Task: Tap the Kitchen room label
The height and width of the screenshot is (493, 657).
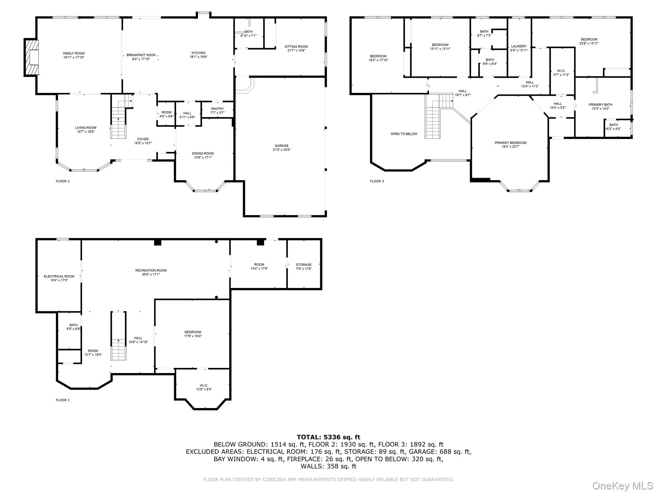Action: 198,53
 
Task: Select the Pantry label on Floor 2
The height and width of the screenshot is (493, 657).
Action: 217,109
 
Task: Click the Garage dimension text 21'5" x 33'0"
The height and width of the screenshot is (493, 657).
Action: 281,150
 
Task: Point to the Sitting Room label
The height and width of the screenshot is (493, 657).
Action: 296,47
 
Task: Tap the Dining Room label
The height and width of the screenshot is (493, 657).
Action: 203,153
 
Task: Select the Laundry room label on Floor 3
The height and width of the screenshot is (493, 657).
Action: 519,46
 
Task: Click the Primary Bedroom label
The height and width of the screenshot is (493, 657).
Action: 510,143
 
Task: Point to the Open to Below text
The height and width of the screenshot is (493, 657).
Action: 404,134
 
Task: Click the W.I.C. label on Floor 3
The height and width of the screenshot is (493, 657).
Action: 561,71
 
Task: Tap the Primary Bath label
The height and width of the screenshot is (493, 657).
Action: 600,105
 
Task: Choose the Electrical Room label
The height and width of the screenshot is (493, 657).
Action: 59,276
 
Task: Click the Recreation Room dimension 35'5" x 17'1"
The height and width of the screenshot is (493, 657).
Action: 151,274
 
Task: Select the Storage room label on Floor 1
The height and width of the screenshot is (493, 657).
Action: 303,265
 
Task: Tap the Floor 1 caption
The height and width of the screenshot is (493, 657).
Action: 63,400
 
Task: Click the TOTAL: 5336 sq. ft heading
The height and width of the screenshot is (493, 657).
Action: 328,437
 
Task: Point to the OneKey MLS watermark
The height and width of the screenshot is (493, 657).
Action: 622,486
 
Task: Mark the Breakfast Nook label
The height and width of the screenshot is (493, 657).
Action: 141,55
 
